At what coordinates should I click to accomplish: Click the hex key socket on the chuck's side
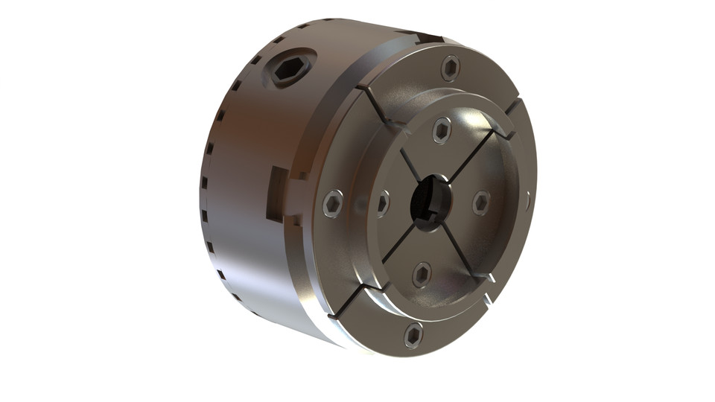pos(289,71)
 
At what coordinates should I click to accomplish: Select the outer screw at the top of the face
pos(451,68)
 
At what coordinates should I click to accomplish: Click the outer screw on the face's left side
pos(333,203)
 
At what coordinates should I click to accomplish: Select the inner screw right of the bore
pos(481,202)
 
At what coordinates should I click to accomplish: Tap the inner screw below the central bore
pos(422,275)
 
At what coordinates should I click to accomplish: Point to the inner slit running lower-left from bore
pos(398,243)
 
